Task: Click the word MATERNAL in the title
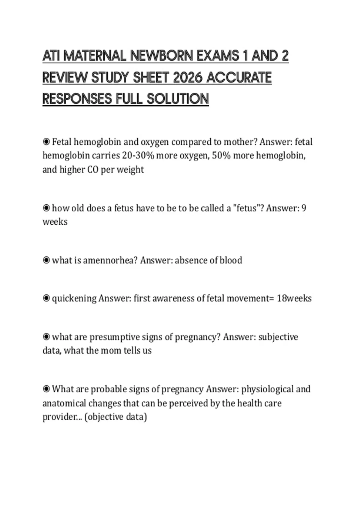tap(95, 56)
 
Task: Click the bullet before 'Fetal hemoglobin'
tap(46, 141)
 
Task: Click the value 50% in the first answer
tap(221, 155)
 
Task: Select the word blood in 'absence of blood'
tap(231, 260)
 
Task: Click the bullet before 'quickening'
tap(46, 298)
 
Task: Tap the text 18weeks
tap(294, 298)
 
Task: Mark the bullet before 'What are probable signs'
tap(46, 389)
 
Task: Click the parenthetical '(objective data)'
tap(116, 417)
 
